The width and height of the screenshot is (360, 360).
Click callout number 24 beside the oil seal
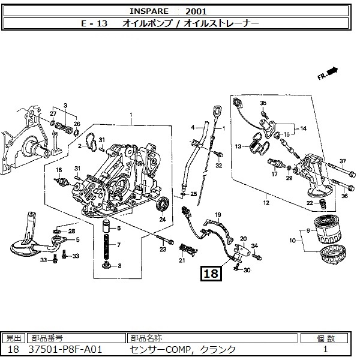point(162,220)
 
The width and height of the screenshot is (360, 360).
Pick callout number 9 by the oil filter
point(308,231)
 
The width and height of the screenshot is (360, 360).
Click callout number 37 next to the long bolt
point(343,161)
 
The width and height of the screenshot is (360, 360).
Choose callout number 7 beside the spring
point(118,245)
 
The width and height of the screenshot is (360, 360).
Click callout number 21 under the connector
point(182,260)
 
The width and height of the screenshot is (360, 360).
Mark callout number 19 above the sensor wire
point(218,215)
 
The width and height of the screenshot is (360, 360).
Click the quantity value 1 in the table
point(325,349)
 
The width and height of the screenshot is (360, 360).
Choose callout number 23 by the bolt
point(162,248)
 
